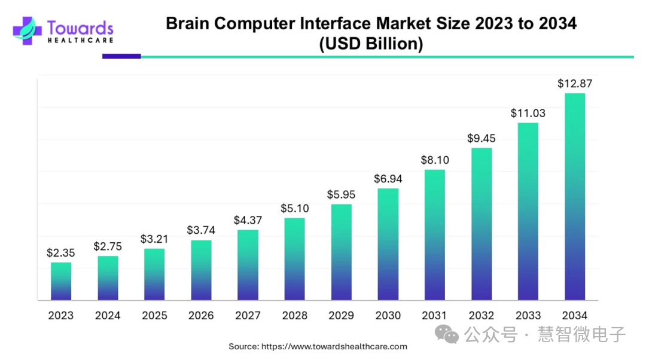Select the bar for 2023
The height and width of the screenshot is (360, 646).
click(60, 281)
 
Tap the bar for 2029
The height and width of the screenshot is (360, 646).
click(341, 252)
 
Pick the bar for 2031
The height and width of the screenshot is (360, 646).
click(435, 234)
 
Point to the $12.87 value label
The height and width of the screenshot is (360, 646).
click(575, 84)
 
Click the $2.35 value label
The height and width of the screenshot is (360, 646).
click(60, 253)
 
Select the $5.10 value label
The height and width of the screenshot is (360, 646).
click(294, 209)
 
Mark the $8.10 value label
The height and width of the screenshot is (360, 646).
click(435, 160)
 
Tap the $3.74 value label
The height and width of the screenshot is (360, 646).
click(201, 230)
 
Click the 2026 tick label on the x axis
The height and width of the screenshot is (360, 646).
click(201, 316)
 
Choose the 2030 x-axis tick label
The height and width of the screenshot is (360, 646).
click(388, 316)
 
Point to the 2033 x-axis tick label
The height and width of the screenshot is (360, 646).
click(528, 316)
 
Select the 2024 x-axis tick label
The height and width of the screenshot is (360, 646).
click(108, 316)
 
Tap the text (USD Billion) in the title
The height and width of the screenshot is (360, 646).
click(371, 44)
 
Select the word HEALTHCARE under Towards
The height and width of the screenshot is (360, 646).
click(80, 40)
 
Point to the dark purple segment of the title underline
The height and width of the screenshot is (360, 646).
click(121, 57)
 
